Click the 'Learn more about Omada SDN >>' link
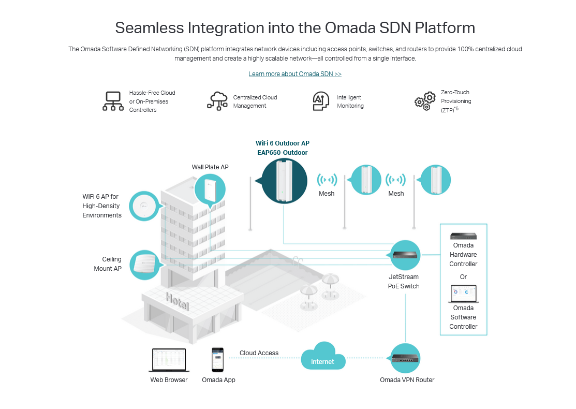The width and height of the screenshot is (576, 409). point(295,74)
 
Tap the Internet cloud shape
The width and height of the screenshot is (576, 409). point(323,356)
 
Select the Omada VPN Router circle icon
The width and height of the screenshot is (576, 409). point(405,358)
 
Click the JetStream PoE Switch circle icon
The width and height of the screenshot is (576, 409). point(404,255)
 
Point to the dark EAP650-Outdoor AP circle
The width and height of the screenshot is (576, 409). point(284,181)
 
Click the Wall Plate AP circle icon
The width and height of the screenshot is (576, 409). point(210,190)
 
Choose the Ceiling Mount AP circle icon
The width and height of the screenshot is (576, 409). point(145,265)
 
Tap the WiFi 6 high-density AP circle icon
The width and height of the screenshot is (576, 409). point(145,206)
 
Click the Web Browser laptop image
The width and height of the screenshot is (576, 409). point(169,360)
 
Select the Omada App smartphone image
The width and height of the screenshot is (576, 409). point(217,360)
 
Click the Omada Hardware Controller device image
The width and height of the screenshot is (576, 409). point(463,236)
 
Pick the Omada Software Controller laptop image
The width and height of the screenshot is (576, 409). point(463,294)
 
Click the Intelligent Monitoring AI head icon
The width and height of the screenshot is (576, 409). point(321,101)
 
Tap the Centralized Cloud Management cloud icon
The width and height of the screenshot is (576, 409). point(217,101)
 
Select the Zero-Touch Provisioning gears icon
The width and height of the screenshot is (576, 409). point(425,101)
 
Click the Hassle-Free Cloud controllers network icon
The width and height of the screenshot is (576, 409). point(113,101)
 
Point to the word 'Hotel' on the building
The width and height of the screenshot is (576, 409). point(177,301)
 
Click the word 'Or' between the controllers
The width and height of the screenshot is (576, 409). point(463,277)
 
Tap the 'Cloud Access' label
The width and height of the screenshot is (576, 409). point(259,353)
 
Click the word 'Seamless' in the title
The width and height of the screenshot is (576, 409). point(149,28)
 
